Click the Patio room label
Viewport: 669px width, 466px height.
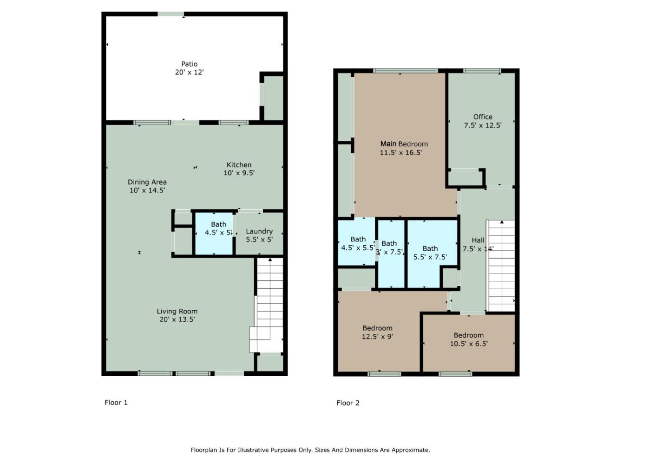coord(189,64)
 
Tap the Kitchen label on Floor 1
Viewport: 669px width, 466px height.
coord(239,165)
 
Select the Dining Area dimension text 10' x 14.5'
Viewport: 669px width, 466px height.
coord(147,190)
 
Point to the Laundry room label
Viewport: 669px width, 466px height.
coord(259,231)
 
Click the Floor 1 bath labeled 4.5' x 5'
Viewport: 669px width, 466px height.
coord(218,228)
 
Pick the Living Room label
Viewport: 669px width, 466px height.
coord(177,311)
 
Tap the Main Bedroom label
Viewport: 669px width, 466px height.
coord(404,144)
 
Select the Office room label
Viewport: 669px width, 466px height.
coord(483,117)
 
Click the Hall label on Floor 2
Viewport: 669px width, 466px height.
coord(478,240)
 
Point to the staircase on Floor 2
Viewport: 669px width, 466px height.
coord(501,265)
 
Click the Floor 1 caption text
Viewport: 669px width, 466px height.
coord(116,402)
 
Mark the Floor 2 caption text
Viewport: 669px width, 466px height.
coord(348,403)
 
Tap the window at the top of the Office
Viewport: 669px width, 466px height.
coord(482,71)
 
